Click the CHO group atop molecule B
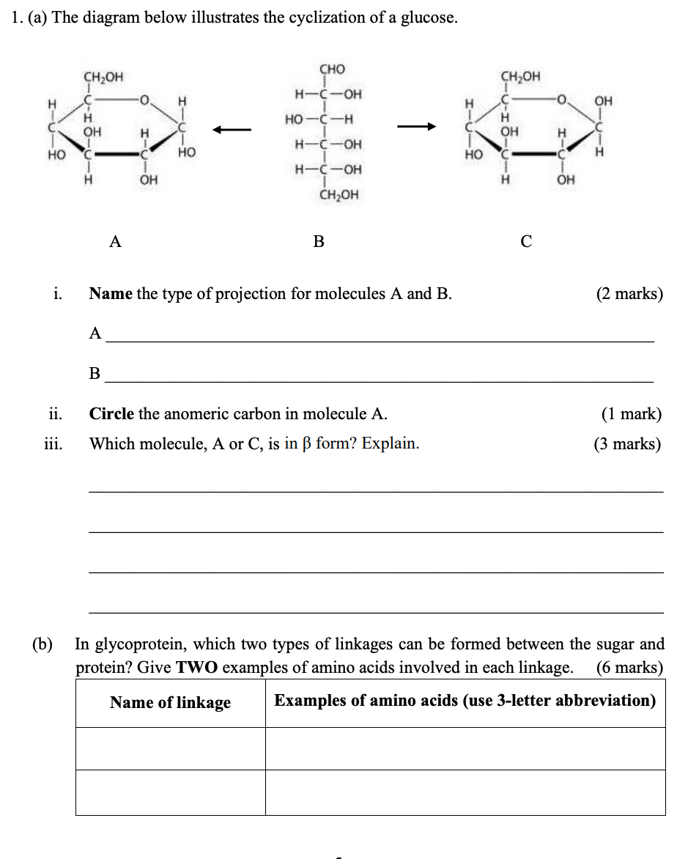click(332, 70)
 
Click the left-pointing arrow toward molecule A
click(232, 130)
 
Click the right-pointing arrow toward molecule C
click(417, 128)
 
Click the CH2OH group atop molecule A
click(103, 75)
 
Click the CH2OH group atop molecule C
click(520, 75)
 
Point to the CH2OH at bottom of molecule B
click(339, 195)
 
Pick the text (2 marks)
click(629, 294)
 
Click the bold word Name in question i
click(111, 294)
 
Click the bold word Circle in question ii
click(111, 414)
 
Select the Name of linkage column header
click(170, 703)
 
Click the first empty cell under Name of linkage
click(170, 748)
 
